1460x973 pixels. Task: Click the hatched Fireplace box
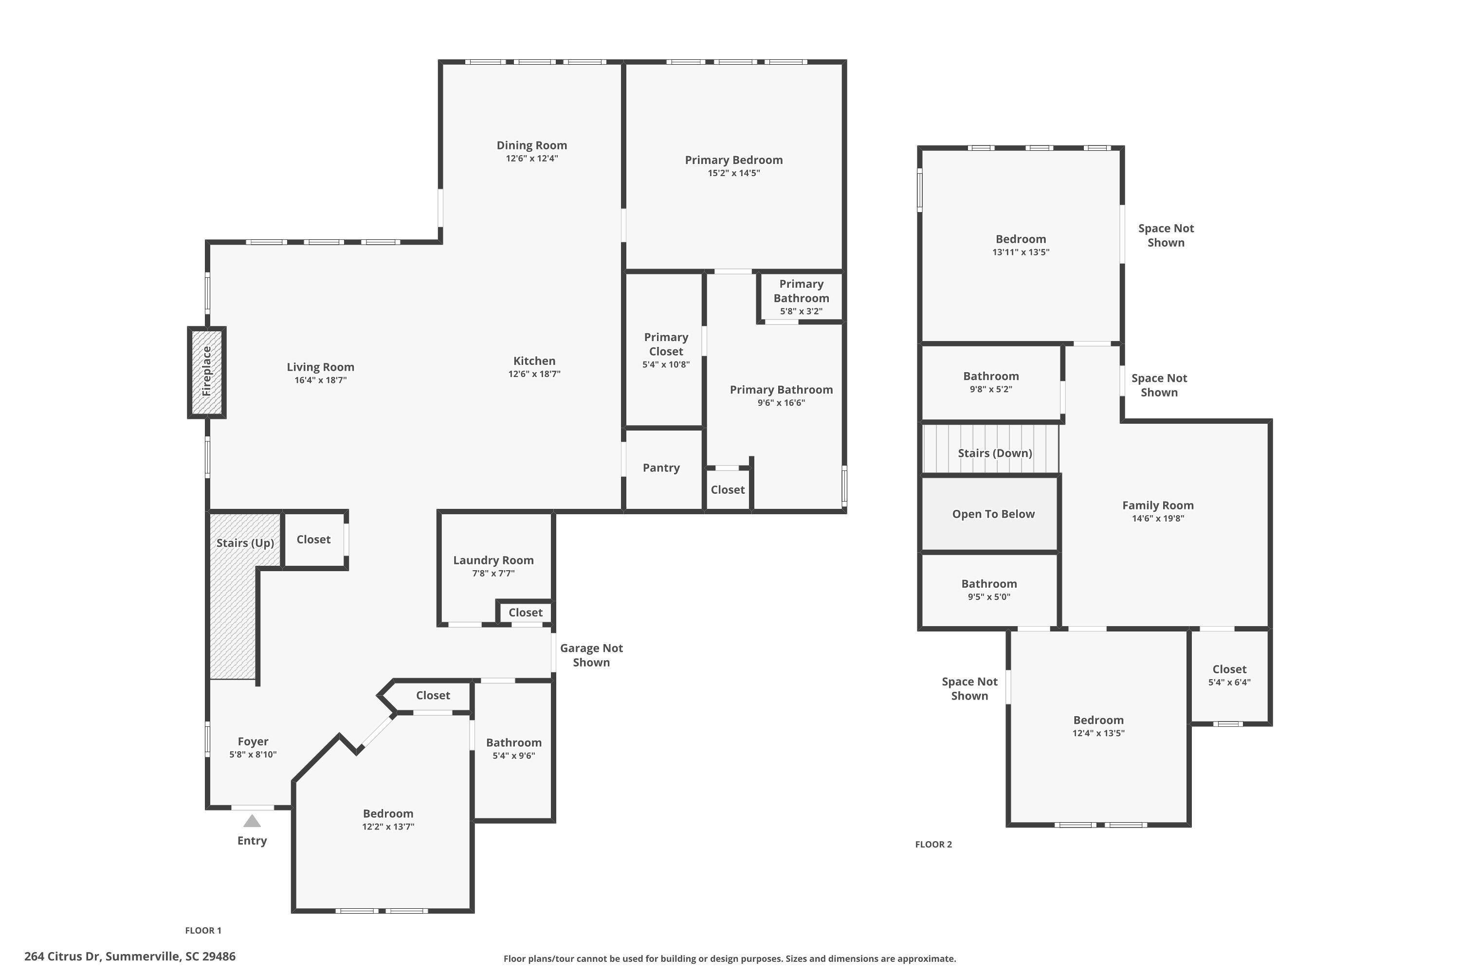click(207, 372)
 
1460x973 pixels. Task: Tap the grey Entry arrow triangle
click(252, 822)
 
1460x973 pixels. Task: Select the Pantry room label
click(661, 468)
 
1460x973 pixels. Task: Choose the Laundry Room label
click(493, 560)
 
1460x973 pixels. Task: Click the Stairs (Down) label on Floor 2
click(994, 453)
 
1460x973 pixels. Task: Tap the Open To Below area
click(993, 514)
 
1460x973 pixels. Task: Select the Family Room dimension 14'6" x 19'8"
click(1158, 519)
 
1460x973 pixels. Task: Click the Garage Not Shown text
click(591, 655)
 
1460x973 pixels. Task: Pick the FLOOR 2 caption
click(933, 845)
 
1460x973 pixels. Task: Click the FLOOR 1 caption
click(203, 930)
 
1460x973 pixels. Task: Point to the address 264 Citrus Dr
click(130, 956)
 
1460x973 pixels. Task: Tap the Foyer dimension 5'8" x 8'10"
click(253, 755)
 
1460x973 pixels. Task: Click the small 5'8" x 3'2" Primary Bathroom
click(801, 297)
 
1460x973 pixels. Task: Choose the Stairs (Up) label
click(245, 543)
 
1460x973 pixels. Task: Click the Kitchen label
click(534, 361)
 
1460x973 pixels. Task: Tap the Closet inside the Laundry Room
click(525, 613)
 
